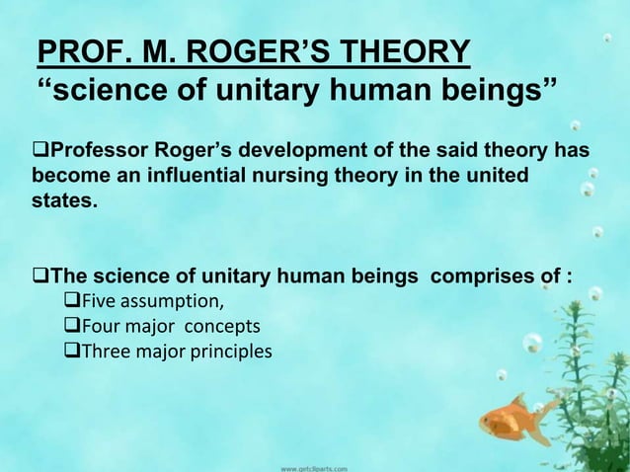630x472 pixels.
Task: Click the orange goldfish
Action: point(513,420)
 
